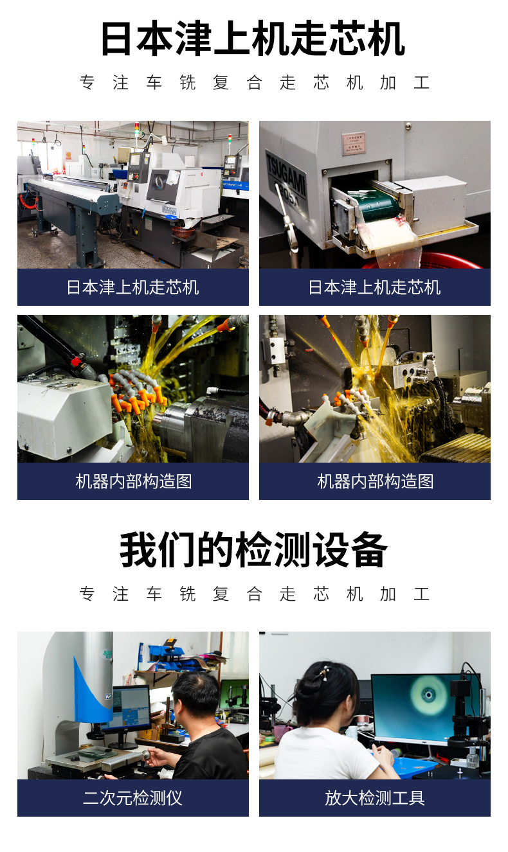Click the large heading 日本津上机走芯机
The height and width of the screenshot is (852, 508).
coord(253,39)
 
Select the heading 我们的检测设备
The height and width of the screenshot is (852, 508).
coord(253,550)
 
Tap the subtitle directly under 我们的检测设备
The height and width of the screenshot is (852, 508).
coord(253,594)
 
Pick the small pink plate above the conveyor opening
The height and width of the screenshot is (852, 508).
coord(353,143)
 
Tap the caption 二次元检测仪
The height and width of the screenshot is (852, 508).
coord(132,798)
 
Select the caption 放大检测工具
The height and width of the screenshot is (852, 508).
coord(374,798)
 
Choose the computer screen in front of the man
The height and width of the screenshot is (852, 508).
coord(128,709)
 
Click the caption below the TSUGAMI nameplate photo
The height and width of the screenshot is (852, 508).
coord(374,287)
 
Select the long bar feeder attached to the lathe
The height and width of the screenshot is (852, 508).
coord(71,193)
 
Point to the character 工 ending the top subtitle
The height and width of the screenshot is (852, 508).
coord(421,83)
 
